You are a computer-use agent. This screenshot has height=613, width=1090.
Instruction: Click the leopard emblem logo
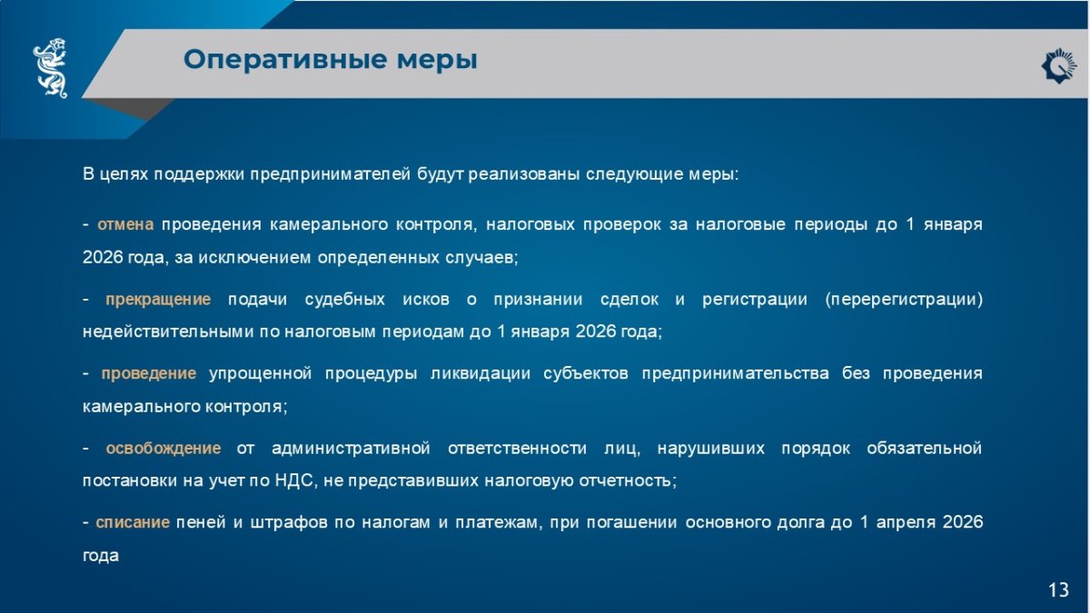tap(51, 67)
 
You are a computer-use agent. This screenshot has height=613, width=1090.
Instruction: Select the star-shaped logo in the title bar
tap(1058, 65)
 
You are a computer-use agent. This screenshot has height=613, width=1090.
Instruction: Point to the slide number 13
tap(1058, 589)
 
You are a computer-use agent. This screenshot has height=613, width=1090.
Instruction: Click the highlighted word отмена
tap(125, 225)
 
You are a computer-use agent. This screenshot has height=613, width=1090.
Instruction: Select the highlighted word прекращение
tap(158, 299)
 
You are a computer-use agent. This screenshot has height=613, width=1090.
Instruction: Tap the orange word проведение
tap(148, 373)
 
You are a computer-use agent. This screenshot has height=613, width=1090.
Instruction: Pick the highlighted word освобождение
tap(163, 448)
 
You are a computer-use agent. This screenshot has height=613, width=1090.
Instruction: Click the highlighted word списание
tap(133, 522)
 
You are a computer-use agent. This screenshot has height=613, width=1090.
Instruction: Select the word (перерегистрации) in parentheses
tap(904, 299)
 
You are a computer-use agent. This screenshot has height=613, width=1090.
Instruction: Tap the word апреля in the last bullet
tap(906, 523)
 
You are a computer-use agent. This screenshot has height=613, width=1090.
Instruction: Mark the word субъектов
tap(585, 373)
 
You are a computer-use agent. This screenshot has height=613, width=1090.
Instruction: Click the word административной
tap(351, 448)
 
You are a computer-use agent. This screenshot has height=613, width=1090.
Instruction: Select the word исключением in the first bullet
tap(254, 258)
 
